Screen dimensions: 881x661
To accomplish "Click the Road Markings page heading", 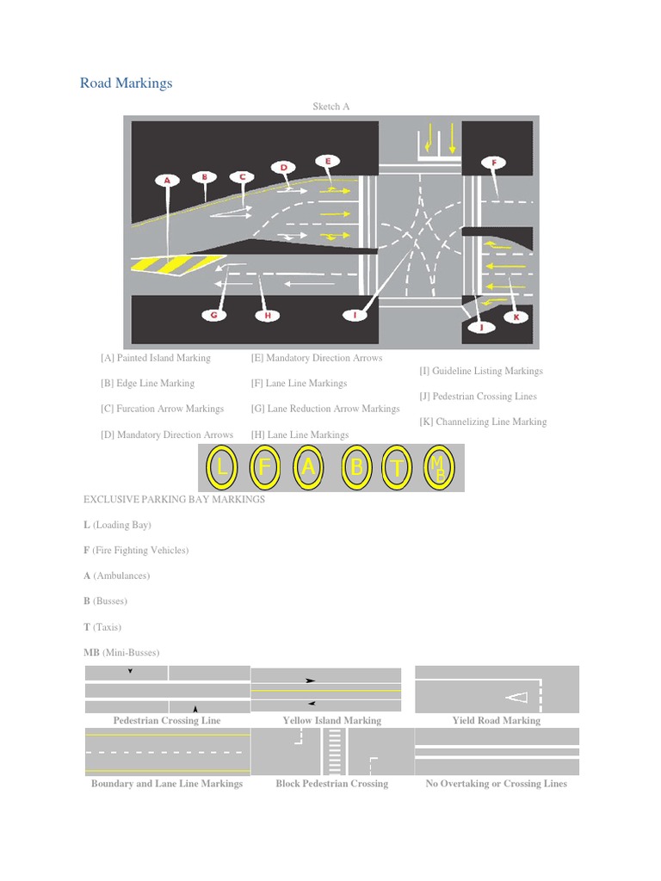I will [126, 83].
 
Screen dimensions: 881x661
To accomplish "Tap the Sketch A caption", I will [330, 107].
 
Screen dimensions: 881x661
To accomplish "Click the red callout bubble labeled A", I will [167, 181].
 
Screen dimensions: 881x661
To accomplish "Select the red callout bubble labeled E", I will [327, 160].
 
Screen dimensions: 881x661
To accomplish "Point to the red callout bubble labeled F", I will [493, 162].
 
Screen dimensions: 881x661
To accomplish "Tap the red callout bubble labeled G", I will [214, 316].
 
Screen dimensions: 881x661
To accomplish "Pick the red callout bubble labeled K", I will [516, 317].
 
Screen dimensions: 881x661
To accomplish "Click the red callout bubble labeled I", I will [355, 316].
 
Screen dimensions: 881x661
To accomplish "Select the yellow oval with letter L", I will [223, 469].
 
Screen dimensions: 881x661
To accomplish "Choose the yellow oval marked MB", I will [439, 469].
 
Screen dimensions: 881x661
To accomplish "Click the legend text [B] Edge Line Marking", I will [147, 384].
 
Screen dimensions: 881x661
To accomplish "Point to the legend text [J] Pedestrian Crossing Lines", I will [478, 397].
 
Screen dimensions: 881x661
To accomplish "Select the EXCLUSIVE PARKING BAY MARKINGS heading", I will [174, 499].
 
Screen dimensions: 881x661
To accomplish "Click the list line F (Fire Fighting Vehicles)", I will [135, 550].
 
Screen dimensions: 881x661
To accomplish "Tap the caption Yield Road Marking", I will [497, 720].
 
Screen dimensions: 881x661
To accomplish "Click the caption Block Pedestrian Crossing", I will [331, 784].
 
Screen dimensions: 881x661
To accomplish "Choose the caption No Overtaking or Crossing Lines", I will [497, 784].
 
